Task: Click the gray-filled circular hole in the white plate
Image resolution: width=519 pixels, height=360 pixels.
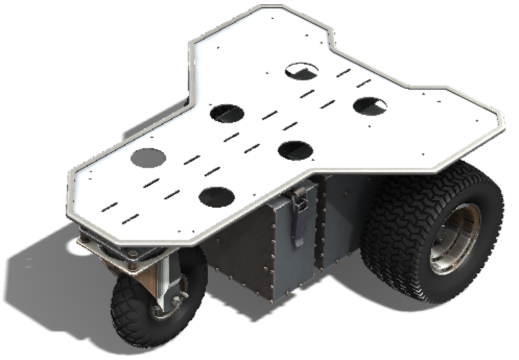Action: [x=148, y=158]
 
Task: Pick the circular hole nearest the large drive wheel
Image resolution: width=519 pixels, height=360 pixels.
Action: [x=370, y=106]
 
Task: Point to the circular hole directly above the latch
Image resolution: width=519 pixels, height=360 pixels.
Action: [x=296, y=150]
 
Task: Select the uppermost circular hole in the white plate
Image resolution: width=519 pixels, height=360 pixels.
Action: [x=302, y=70]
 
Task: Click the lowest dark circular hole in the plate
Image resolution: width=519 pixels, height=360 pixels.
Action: [x=216, y=196]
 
